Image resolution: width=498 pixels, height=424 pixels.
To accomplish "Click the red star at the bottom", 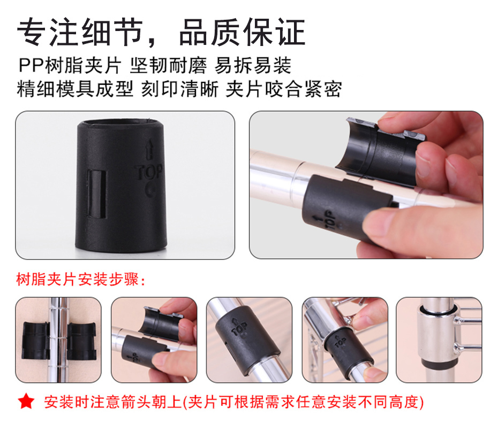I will [26, 401].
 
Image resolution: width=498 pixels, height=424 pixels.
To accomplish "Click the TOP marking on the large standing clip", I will [148, 172].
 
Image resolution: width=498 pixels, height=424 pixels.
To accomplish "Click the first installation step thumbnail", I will [58, 340].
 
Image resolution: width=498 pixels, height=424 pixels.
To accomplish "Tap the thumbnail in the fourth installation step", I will [345, 340].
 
